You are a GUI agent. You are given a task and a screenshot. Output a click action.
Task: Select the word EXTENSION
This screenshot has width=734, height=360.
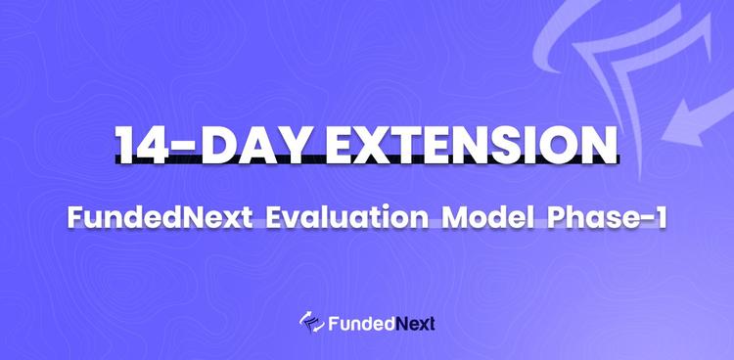(473, 144)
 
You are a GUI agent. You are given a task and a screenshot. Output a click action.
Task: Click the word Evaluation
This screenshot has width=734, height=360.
(341, 218)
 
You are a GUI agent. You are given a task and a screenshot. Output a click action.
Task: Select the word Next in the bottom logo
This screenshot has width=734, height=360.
(414, 323)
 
